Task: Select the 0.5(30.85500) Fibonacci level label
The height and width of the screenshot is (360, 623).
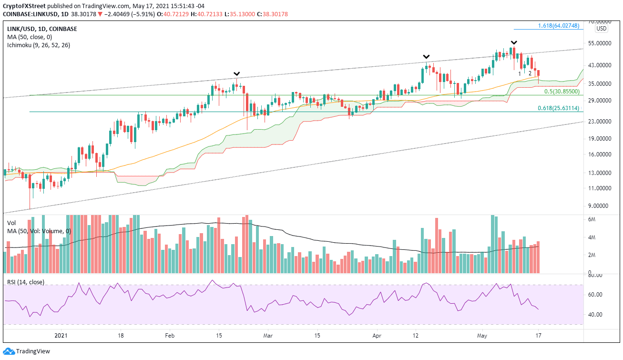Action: click(561, 91)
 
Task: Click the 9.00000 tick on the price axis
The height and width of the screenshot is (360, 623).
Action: click(600, 206)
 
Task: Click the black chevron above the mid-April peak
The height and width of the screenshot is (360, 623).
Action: click(427, 57)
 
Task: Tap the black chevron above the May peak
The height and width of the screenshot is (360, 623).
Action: click(514, 42)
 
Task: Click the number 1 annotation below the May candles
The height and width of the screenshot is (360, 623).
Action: click(520, 73)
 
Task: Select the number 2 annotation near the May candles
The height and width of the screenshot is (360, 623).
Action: click(530, 73)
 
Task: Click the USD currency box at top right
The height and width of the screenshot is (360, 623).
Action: click(602, 29)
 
